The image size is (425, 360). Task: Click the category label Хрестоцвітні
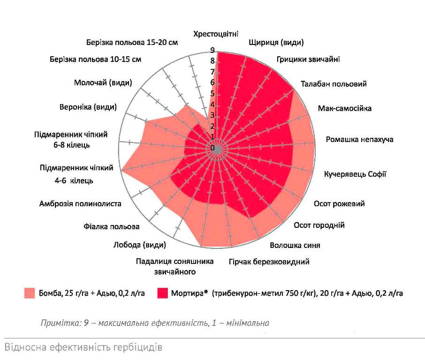pos(216,34)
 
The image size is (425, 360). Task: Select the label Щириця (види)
pos(276,43)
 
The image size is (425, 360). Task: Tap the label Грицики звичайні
pos(308,60)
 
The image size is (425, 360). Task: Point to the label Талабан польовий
pos(334,84)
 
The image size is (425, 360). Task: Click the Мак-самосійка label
pos(344,108)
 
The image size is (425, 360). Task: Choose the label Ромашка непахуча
pos(359,140)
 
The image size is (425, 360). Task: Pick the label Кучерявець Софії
pos(355,174)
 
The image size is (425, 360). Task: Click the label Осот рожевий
pos(339,204)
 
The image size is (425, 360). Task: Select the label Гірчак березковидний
pos(269,262)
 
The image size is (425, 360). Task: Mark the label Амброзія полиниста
pos(80,204)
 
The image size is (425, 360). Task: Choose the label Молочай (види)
pos(103,83)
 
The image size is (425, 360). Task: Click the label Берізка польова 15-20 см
pos(132,43)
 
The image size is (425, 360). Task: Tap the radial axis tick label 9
pos(212,50)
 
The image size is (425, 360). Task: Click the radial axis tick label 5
pos(212,94)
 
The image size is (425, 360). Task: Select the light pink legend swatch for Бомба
pos(30,293)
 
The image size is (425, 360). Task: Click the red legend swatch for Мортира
pos(164,293)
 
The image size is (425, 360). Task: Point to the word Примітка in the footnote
pos(56,323)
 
